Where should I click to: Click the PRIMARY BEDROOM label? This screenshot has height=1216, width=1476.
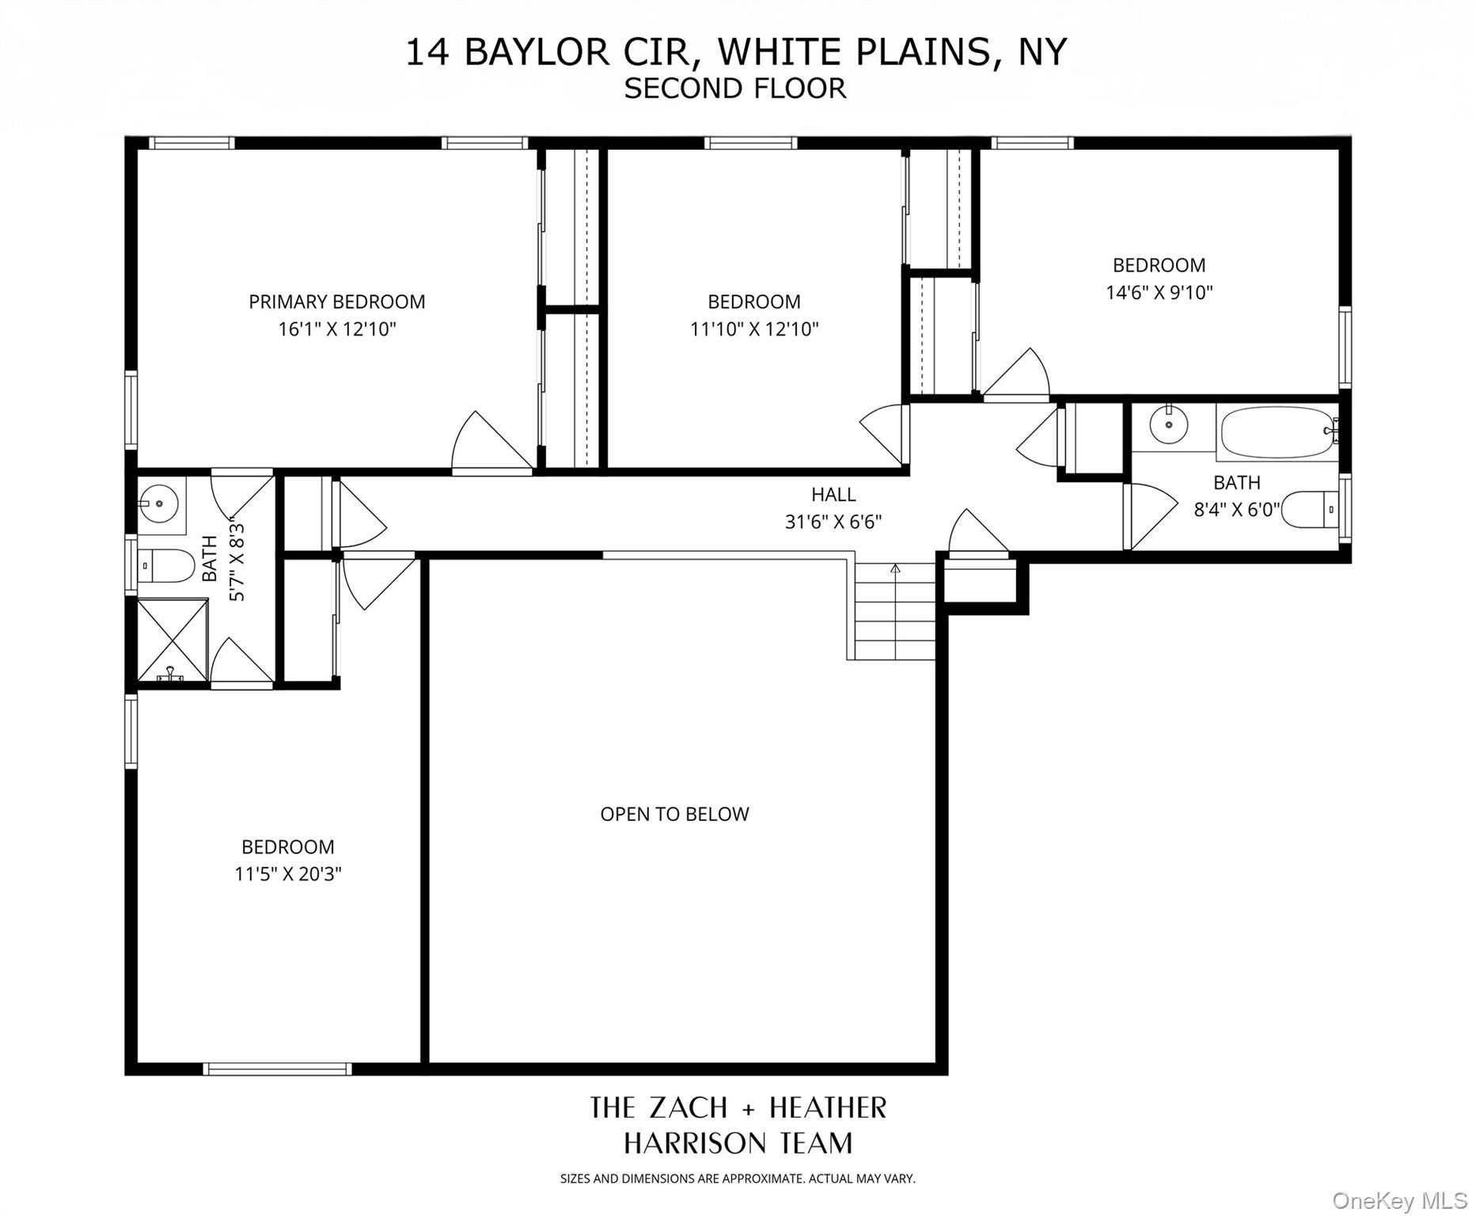[336, 302]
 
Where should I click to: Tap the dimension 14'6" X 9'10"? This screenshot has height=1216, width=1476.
[1159, 292]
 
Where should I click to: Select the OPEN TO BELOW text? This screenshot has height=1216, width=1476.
[674, 814]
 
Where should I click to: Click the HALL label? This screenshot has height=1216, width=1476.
[833, 494]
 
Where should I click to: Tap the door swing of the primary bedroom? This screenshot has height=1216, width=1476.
[487, 445]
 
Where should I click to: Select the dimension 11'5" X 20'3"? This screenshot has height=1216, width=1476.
[287, 874]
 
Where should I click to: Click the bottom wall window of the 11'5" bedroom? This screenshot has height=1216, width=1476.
[277, 1069]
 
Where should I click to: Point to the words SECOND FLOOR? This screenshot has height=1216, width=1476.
[734, 88]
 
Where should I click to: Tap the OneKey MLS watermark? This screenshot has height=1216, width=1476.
[1399, 1201]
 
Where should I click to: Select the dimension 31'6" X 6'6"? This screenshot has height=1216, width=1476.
[833, 522]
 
